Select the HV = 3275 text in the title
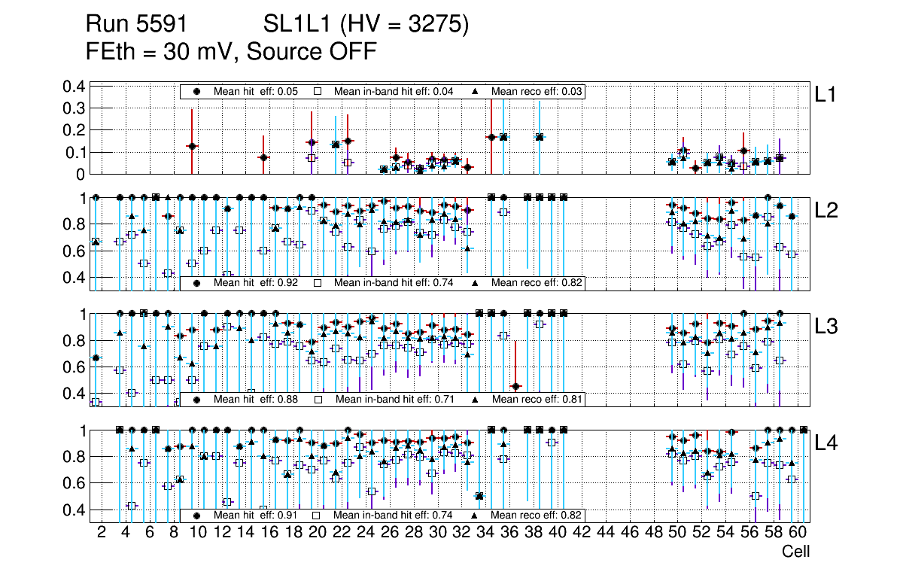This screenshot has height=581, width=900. pos(405,25)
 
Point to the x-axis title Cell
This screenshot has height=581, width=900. pos(795,552)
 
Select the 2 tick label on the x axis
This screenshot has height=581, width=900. pos(102,533)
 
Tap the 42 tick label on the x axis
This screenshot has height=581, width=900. pos(581,533)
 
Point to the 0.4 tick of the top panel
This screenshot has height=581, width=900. pos(73,87)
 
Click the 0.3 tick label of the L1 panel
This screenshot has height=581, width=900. pos(73,108)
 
